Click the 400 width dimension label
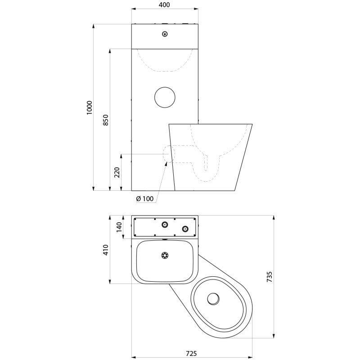point(164,5)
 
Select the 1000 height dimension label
point(89,108)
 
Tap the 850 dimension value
point(106,120)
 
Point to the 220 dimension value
point(117,172)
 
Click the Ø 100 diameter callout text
point(144,198)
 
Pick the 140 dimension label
point(119,227)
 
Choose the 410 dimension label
point(106,250)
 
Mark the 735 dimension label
point(270,277)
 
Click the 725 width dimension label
point(191,353)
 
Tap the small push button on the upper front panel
point(165,34)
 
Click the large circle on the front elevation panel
point(165,97)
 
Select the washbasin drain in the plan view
point(165,256)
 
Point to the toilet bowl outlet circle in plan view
point(213,299)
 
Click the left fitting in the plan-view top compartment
point(165,224)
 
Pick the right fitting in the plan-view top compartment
point(185,229)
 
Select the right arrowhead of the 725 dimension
point(250,357)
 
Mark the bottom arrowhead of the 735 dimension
point(273,336)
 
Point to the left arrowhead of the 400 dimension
point(134,9)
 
